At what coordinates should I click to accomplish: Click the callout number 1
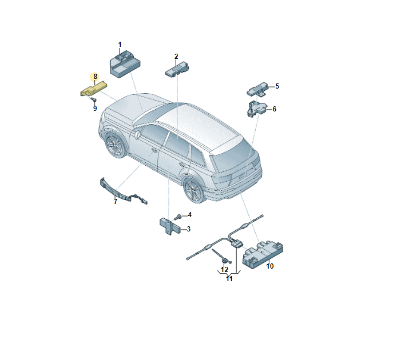coord(120,44)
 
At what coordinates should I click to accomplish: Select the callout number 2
coord(176,56)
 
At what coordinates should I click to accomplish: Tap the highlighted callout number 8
coord(96,76)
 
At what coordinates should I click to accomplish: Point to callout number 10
coord(270,266)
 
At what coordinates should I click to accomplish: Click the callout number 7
coord(115,201)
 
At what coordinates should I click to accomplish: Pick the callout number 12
coord(224,269)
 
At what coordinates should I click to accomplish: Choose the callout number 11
coord(229,279)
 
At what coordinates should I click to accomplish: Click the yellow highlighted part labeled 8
coord(93,89)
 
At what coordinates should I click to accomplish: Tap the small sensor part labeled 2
coord(177,71)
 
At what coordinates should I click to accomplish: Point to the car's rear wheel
coord(193,189)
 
